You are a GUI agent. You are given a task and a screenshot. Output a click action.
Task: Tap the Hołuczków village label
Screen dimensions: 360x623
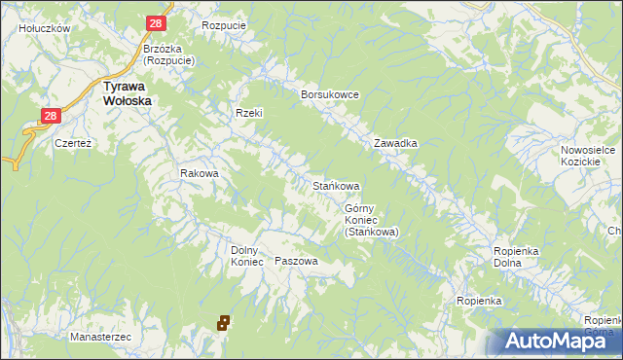click(x=45, y=28)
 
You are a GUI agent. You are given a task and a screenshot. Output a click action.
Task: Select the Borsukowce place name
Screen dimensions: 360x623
click(x=331, y=94)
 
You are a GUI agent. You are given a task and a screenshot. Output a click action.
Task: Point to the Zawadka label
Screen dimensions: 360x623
click(x=396, y=143)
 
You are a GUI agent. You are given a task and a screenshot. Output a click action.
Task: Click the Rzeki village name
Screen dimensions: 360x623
click(x=249, y=113)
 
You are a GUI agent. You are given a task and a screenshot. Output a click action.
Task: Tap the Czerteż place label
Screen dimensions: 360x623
click(x=73, y=142)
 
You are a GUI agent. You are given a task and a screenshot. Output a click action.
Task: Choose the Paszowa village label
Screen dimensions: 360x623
click(x=297, y=261)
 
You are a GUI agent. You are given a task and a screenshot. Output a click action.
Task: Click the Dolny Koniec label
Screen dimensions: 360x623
click(x=247, y=255)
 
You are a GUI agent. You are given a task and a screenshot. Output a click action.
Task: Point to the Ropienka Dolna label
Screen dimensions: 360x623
click(x=516, y=257)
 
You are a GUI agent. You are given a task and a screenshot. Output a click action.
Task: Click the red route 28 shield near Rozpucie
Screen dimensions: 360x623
click(x=157, y=23)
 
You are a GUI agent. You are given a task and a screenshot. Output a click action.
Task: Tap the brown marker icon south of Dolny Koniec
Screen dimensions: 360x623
click(x=223, y=321)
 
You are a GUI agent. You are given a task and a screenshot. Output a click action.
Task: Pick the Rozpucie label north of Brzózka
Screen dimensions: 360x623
click(x=223, y=24)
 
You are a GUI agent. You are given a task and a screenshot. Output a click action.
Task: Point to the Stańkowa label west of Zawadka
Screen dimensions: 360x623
click(x=336, y=185)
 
